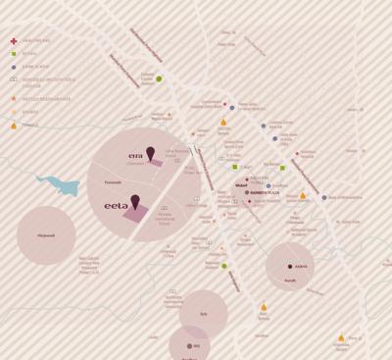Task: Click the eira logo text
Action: coord(136,155)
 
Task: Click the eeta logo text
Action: coord(117,206)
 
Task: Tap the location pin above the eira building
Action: coord(150,153)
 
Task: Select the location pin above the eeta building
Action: coord(135,202)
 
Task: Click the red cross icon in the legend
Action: coord(13,41)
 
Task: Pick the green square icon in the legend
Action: coord(13,52)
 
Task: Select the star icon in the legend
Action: coord(13,99)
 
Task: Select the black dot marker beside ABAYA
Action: coord(289,266)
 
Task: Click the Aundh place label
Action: coord(290,280)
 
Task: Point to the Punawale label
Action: coord(113,182)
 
